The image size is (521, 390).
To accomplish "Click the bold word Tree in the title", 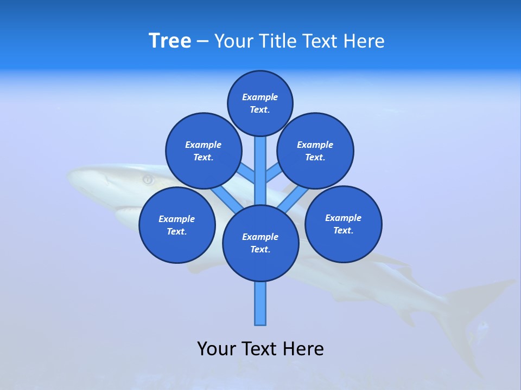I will tap(170, 41).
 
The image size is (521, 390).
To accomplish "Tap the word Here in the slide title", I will tap(364, 41).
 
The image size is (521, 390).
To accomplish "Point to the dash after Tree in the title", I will tap(202, 42).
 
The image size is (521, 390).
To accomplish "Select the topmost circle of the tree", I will tap(260, 103).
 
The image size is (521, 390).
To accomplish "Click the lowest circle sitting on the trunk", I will tap(260, 243).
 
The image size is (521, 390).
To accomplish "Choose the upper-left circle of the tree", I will tap(204, 151).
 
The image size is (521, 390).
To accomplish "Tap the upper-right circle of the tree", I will tap(315, 151).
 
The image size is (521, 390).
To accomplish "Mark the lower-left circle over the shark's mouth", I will tap(177, 225).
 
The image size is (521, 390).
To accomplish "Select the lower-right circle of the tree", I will tap(344, 224).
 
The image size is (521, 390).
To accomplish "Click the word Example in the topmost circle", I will tap(260, 97).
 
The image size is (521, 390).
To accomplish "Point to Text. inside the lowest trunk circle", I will tap(260, 250).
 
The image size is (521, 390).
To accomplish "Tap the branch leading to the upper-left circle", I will tap(247, 174).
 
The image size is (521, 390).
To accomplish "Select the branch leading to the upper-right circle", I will tap(274, 174).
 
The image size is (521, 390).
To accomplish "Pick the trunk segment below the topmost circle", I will tap(260, 162).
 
